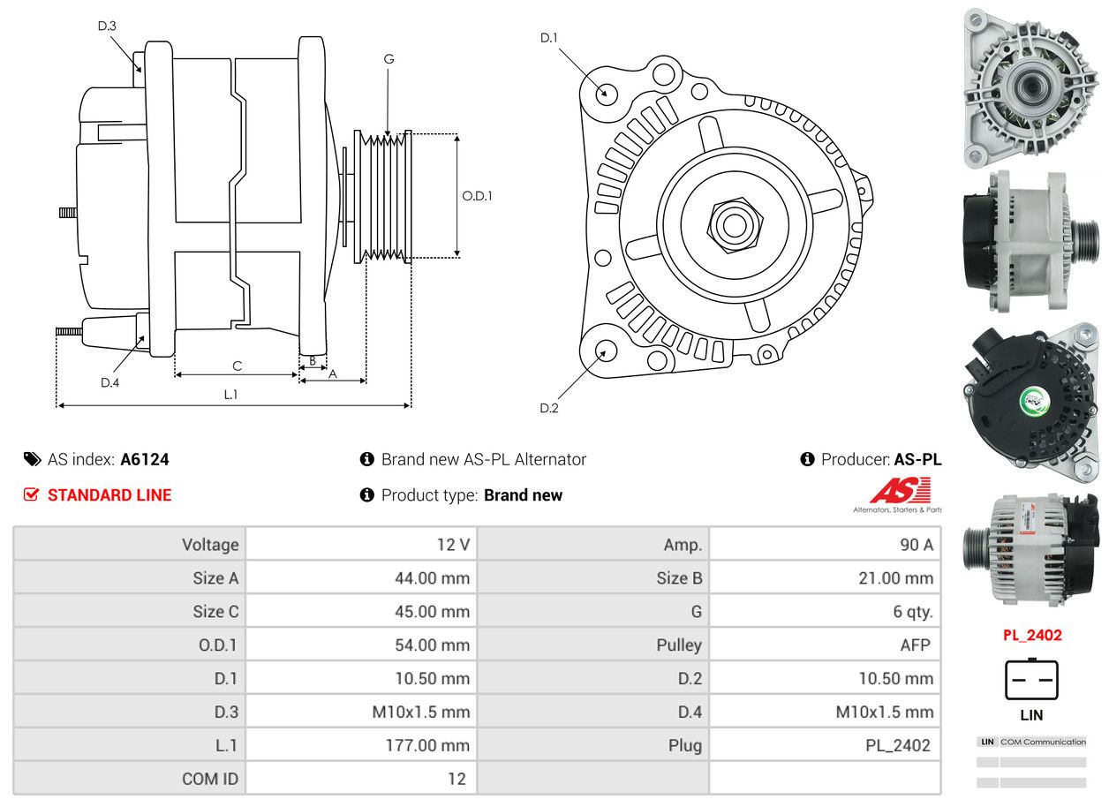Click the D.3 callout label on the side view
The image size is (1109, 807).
click(107, 26)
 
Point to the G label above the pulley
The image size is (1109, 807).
click(389, 59)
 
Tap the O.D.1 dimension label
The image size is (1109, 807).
click(477, 196)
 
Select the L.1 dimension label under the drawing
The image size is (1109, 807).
click(230, 395)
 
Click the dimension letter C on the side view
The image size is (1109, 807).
click(237, 366)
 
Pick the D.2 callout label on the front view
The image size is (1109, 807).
click(549, 408)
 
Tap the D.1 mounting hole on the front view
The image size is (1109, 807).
click(606, 92)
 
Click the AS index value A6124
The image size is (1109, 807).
click(145, 459)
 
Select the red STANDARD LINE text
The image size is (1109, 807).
click(109, 495)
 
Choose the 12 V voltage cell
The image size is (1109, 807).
click(453, 545)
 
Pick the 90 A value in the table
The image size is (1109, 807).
click(916, 545)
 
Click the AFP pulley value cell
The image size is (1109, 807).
click(915, 645)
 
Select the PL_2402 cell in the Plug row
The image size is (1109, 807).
click(897, 745)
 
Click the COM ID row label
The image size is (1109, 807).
click(210, 779)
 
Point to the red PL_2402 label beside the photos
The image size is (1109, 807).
click(1031, 635)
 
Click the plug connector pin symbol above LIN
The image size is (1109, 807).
click(1031, 680)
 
